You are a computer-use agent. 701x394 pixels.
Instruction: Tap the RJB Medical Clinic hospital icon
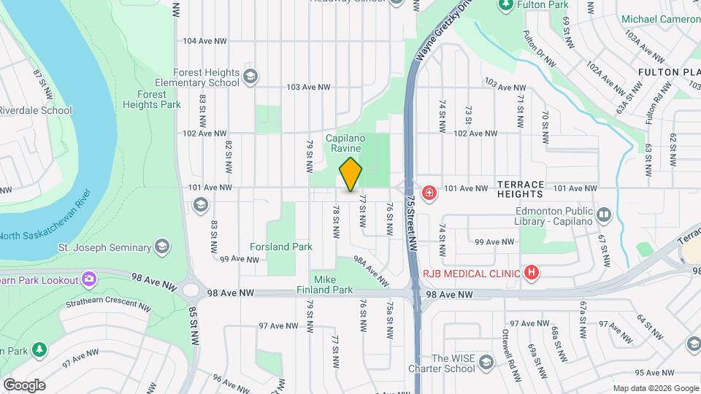(x=532, y=274)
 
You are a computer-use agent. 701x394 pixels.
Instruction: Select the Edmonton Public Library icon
(x=603, y=215)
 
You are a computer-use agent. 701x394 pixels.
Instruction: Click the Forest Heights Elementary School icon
(x=250, y=77)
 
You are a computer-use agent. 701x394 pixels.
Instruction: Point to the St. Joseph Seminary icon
(x=161, y=247)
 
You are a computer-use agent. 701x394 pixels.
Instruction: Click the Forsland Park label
(x=281, y=247)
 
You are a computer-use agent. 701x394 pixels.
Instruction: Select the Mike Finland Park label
(x=333, y=285)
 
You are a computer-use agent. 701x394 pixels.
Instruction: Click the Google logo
(x=24, y=385)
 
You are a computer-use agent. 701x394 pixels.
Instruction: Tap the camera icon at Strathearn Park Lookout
(x=89, y=278)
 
